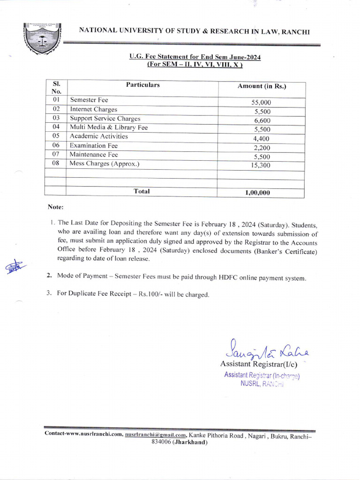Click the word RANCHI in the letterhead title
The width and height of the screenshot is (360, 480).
[x=295, y=31]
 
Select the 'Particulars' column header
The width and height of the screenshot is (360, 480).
[x=142, y=85]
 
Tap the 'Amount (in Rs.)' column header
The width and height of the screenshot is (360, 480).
[x=262, y=86]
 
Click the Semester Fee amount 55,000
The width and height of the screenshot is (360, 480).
[x=261, y=103]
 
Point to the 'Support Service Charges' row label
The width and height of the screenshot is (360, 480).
[x=105, y=119]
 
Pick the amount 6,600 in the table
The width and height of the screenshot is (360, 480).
[x=262, y=120]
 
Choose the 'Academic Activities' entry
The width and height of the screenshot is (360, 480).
[x=98, y=136]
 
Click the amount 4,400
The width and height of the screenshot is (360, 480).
[x=262, y=139]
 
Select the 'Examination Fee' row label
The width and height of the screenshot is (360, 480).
[x=94, y=145]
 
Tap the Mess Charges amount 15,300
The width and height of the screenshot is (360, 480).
[x=261, y=165]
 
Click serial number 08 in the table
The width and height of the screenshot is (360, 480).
[x=56, y=163]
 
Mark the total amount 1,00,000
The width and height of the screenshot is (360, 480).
[x=257, y=193]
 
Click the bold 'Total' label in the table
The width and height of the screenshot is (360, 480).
[x=142, y=191]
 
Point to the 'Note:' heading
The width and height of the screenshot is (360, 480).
[x=55, y=207]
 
